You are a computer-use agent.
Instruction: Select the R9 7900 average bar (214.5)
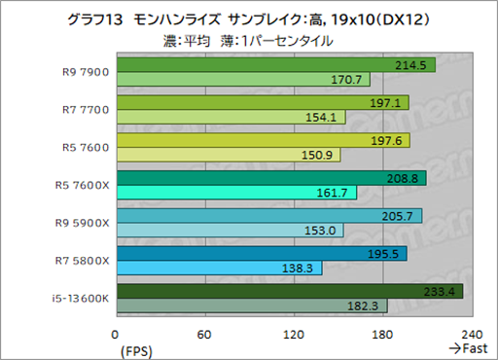[275, 65]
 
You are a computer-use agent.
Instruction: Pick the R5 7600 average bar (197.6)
[263, 139]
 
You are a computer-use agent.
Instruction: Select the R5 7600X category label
[85, 184]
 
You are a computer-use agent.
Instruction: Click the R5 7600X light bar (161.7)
[236, 193]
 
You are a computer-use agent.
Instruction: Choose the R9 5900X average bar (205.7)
[268, 215]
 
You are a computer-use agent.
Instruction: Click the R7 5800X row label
[85, 259]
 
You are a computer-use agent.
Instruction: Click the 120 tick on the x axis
[295, 334]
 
